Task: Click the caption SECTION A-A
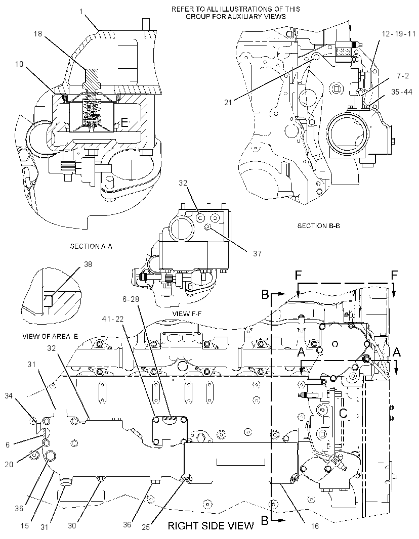(91, 246)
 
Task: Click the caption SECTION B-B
(318, 226)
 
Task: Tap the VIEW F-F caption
(186, 313)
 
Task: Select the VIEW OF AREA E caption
(50, 336)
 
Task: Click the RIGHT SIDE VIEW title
(211, 525)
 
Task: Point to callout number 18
(38, 34)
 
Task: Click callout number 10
(19, 64)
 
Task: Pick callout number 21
(228, 102)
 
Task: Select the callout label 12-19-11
(399, 34)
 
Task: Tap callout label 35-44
(402, 92)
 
